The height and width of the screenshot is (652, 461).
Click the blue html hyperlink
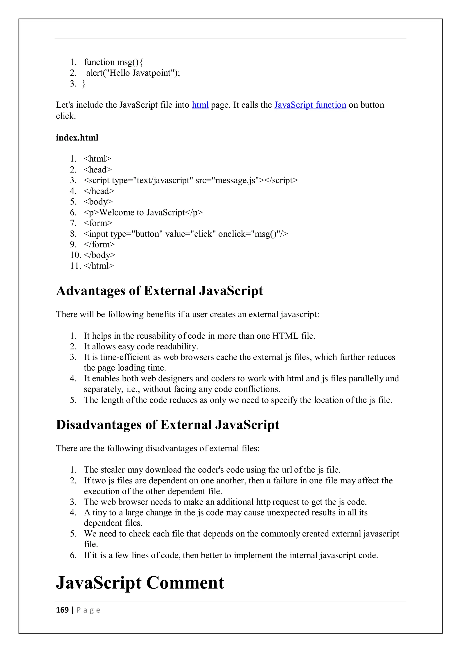point(200,105)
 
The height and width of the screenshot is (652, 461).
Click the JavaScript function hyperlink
point(310,105)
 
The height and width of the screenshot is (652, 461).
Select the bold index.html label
point(77,138)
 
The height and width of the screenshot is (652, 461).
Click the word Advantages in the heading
point(90,291)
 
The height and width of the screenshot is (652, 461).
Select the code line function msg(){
point(113,62)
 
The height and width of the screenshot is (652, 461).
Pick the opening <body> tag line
point(98,202)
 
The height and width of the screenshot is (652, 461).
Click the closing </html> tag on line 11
point(99,266)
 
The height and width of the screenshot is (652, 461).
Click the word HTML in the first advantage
point(285,336)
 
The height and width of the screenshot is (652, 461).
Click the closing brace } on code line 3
point(84,84)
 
